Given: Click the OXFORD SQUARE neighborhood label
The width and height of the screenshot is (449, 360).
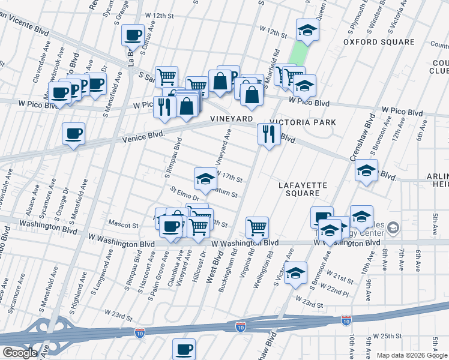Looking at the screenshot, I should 379,42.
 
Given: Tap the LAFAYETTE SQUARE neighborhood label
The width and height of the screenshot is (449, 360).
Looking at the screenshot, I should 303,190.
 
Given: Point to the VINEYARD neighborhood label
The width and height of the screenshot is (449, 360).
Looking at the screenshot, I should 231,120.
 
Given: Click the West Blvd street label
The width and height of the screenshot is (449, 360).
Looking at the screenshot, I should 214,266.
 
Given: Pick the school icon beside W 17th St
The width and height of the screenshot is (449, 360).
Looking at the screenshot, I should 205,178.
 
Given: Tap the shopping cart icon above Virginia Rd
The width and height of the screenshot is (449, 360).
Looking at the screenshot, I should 257,227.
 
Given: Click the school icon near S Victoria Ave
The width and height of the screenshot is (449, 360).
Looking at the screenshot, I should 296,272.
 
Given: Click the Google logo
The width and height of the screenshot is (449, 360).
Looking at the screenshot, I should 19,353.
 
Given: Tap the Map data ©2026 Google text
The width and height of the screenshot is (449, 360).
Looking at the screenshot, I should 411,355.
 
